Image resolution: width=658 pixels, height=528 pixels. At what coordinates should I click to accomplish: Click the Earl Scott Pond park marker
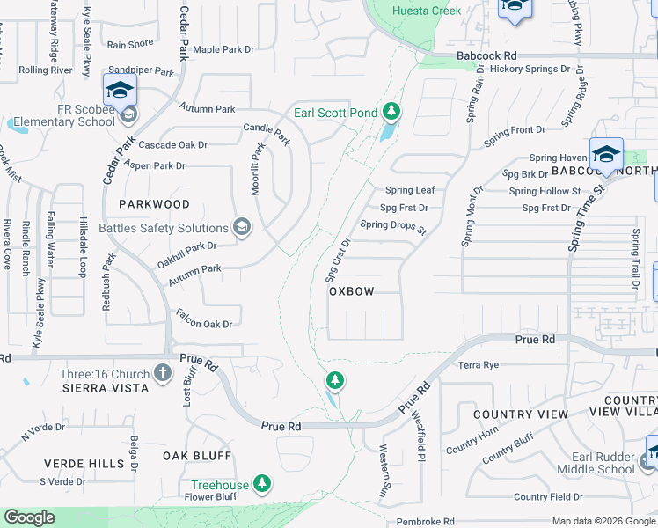coord(391,112)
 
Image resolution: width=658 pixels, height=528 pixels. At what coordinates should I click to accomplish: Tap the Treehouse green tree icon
coord(261,483)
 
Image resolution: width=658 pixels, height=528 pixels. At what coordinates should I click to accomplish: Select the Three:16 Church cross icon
coord(162,373)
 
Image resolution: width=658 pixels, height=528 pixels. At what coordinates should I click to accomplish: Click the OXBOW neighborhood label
coord(352,291)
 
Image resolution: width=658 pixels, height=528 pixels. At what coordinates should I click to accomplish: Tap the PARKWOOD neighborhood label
coord(154,204)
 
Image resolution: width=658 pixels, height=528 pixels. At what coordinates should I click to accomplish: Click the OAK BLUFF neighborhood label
coord(197,456)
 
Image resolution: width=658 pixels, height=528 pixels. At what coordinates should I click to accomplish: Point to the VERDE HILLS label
coord(84,463)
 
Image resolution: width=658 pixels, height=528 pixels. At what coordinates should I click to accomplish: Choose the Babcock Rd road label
coord(486,55)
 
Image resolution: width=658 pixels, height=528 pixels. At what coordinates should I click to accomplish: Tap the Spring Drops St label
coord(392,226)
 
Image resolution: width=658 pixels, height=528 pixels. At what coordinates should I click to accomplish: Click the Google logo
coord(29,517)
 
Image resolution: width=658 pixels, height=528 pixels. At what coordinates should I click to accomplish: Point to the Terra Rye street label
coord(479,364)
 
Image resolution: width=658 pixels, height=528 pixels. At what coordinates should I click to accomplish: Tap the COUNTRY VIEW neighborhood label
coord(521,414)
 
